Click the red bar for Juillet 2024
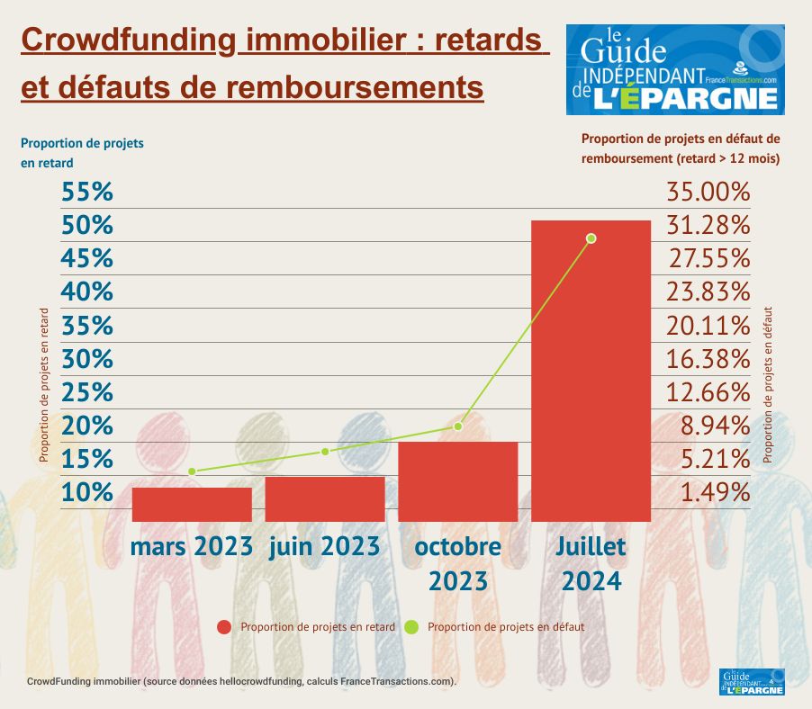[591, 371]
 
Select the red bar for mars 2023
[192, 504]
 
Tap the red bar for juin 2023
[325, 498]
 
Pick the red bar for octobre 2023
[457, 481]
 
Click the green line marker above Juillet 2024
[591, 238]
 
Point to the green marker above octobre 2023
[458, 426]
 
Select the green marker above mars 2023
[192, 471]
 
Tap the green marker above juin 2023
[325, 451]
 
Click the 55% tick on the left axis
[87, 192]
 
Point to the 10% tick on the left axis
[87, 492]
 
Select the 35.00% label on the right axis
[708, 192]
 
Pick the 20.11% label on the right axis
[708, 325]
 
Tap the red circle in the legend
[223, 626]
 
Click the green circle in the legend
[411, 626]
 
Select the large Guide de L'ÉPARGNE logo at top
[675, 69]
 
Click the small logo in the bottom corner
[753, 681]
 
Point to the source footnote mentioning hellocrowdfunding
[242, 681]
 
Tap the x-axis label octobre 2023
[457, 563]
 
